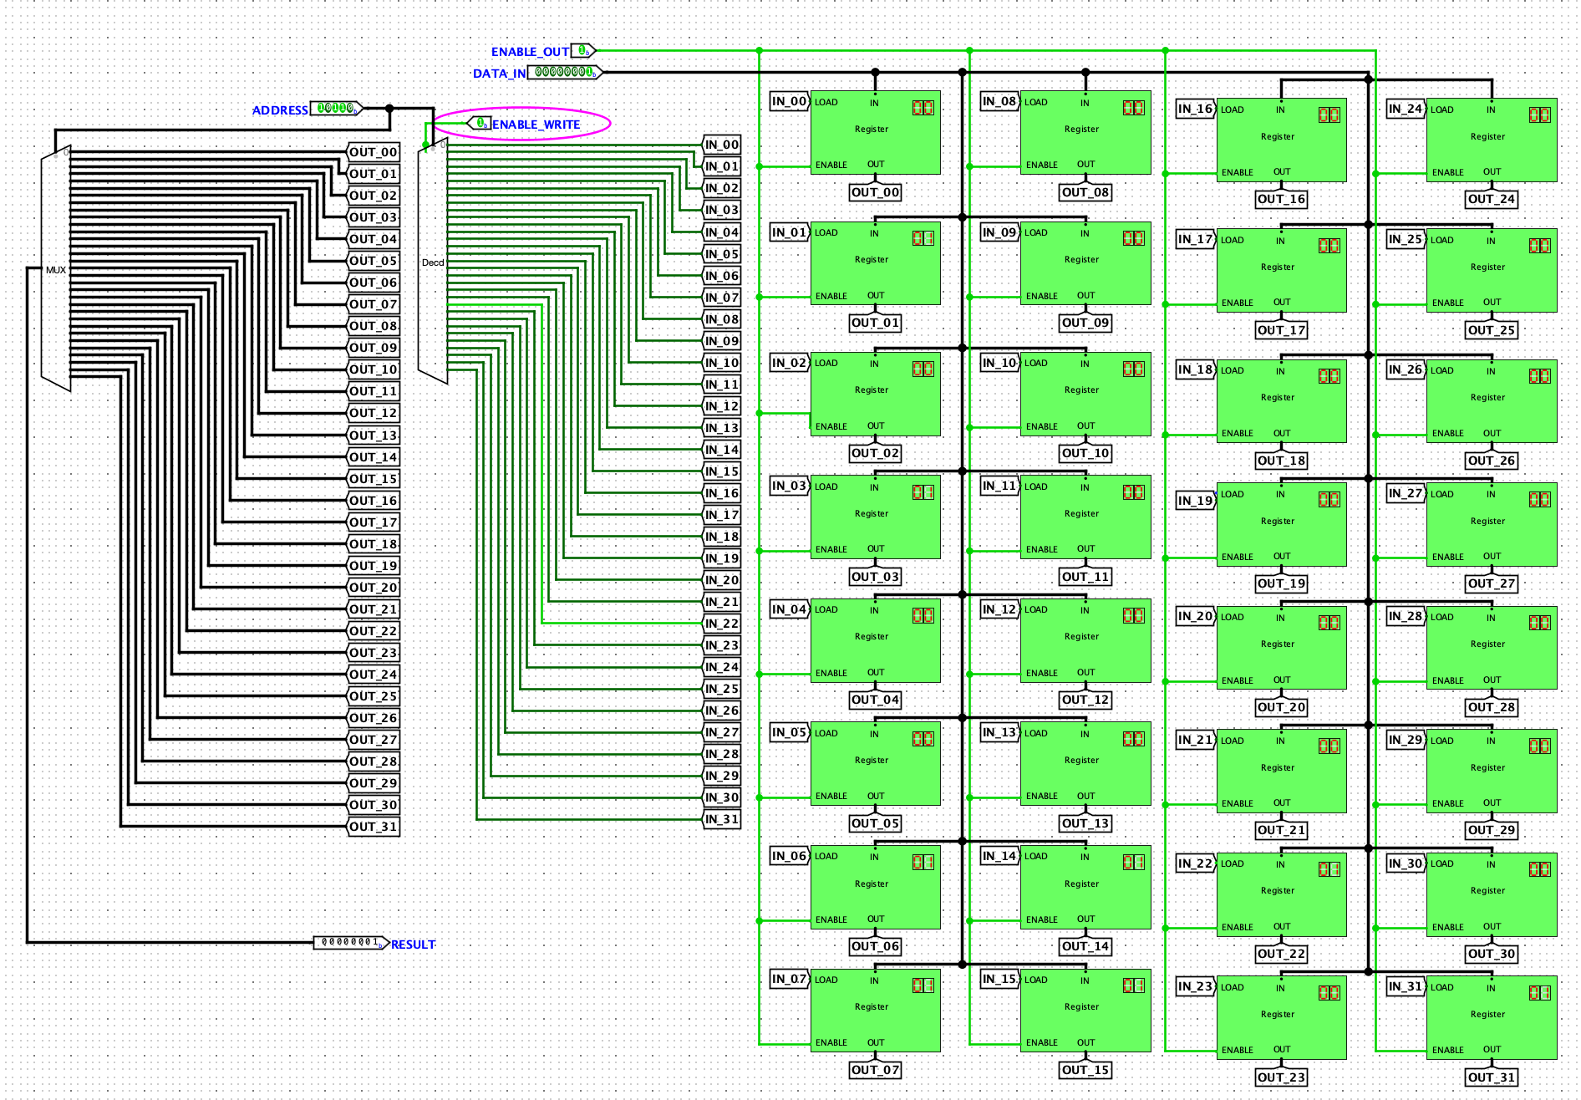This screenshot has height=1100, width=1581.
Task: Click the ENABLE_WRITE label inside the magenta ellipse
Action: (536, 125)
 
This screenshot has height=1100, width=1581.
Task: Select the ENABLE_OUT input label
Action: (530, 52)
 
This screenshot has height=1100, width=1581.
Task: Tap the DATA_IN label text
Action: (499, 74)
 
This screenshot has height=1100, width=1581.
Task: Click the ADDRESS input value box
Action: (336, 109)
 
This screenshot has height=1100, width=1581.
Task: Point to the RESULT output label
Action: (414, 945)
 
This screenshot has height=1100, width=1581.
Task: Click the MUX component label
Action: (56, 270)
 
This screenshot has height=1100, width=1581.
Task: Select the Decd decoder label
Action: (433, 262)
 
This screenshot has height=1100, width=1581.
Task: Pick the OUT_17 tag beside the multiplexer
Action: (374, 522)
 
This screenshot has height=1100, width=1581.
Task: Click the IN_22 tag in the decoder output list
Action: (722, 624)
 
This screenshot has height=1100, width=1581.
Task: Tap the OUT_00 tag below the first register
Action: (875, 192)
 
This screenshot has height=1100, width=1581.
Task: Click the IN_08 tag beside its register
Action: (999, 102)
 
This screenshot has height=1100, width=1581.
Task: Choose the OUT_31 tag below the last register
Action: (1492, 1077)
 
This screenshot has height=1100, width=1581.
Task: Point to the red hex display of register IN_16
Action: (1329, 115)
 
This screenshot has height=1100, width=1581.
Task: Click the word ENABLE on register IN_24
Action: (1447, 173)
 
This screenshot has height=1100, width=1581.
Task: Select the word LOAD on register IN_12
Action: (1036, 609)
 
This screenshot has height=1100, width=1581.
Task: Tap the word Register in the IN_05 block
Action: (872, 760)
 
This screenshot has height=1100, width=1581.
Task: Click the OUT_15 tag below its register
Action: (1085, 1070)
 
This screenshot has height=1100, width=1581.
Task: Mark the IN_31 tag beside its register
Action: (1406, 986)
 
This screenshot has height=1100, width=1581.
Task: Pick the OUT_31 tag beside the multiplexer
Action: (374, 827)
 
